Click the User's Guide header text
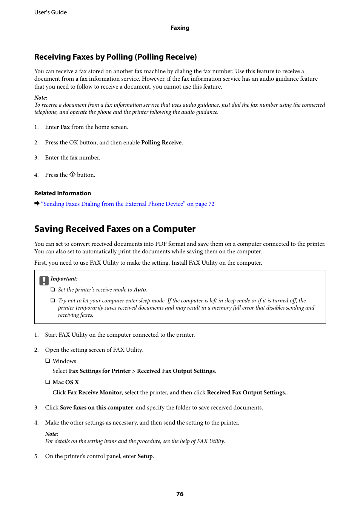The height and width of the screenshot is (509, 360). coord(51,12)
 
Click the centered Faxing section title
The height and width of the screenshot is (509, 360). coord(180,28)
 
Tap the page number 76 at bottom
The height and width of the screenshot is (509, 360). coord(180,494)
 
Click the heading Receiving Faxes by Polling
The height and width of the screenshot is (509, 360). coord(115,57)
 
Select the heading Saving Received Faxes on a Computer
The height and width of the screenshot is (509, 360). coord(115,229)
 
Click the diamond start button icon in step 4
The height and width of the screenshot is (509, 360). coord(72,175)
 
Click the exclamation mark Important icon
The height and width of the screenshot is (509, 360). coord(44,281)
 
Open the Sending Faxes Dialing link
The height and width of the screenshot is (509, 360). coord(128,204)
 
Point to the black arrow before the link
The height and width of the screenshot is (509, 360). coord(37,204)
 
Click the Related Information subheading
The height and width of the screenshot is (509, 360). coord(63,193)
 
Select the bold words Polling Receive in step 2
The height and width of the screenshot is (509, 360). coord(161,143)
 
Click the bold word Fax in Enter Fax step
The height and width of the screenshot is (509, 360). coord(65,127)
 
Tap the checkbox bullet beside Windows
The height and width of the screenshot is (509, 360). coord(48,361)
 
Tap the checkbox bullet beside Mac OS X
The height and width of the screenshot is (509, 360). coord(48,382)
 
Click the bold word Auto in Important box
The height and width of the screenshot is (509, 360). coord(140,290)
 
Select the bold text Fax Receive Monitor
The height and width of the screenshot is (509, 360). coord(94,392)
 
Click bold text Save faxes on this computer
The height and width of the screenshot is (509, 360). coord(96,408)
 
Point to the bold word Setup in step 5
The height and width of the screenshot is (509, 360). coord(145,456)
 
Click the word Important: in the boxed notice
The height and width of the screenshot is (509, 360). coord(64,279)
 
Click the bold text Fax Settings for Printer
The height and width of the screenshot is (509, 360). coord(100,371)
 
